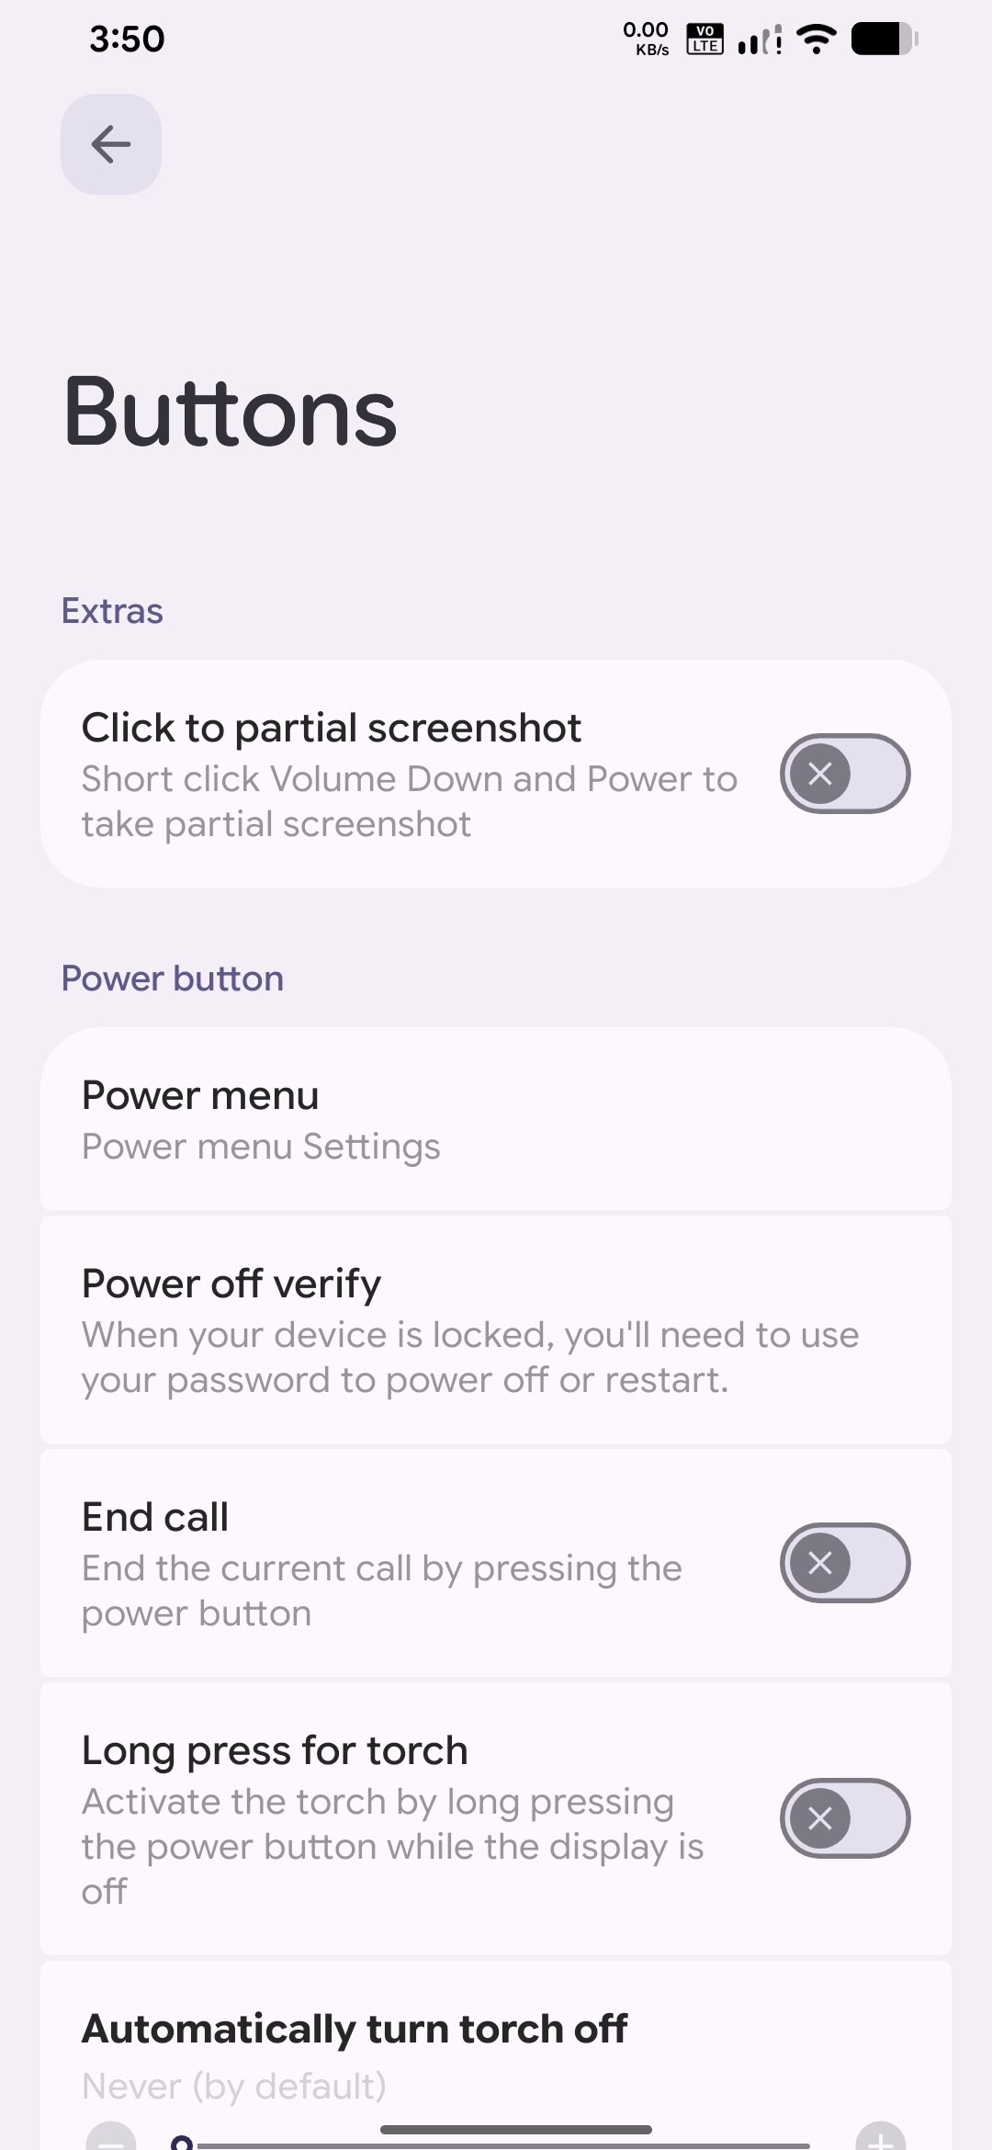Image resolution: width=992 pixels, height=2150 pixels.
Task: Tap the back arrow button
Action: [111, 144]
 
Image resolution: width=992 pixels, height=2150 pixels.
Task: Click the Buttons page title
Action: [231, 413]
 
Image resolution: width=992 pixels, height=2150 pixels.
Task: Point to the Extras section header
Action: [112, 611]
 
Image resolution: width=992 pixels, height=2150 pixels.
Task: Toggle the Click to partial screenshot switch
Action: [845, 774]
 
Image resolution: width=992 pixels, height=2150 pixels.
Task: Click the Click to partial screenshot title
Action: [332, 729]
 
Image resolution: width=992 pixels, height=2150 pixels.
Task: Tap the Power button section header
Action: [173, 979]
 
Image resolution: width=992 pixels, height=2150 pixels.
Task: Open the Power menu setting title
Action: [200, 1095]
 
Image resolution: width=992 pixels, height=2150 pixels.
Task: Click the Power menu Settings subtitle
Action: [261, 1147]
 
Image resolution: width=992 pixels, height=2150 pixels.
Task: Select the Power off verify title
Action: [231, 1284]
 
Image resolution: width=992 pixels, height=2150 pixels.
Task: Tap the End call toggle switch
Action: [845, 1563]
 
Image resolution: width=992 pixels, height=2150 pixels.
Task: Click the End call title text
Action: [155, 1517]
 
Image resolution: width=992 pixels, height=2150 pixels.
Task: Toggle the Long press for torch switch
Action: [845, 1818]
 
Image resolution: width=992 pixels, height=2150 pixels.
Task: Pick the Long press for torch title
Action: [275, 1751]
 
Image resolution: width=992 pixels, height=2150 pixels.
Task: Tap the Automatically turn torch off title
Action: [355, 2029]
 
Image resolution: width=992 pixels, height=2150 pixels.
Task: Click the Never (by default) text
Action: [234, 2087]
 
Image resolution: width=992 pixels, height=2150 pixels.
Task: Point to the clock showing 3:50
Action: [127, 40]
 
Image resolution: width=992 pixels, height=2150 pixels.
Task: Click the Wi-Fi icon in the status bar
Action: [817, 40]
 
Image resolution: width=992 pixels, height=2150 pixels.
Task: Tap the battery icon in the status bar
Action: [885, 40]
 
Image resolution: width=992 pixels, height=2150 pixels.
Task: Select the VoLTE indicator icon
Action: [705, 40]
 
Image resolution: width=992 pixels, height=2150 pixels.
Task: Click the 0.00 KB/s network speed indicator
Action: [646, 40]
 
